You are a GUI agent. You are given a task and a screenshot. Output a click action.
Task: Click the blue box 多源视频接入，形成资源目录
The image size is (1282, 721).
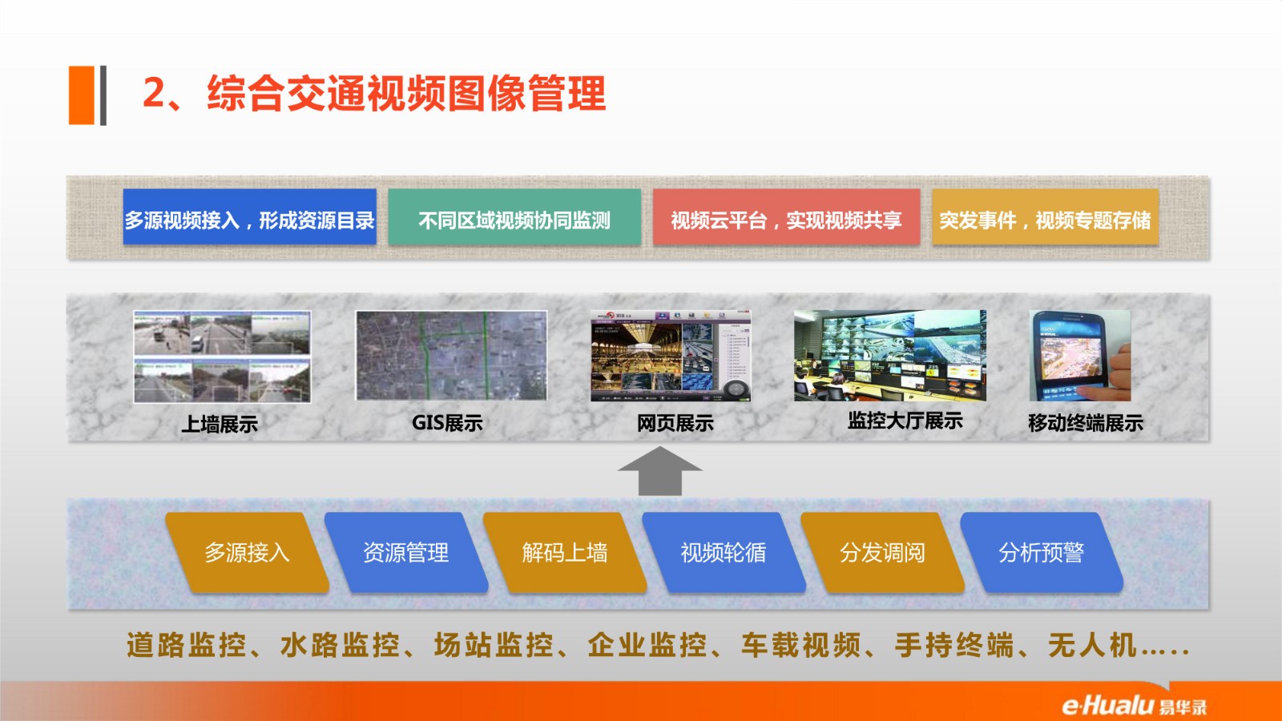click(x=249, y=217)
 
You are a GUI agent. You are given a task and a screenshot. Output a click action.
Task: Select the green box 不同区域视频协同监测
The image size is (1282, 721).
click(x=514, y=217)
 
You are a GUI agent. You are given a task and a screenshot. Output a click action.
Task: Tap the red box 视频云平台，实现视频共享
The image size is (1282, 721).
click(x=786, y=217)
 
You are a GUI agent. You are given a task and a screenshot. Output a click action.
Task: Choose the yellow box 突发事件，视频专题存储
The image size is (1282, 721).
click(x=1045, y=217)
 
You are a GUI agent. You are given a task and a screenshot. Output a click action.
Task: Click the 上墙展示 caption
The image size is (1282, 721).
click(x=220, y=424)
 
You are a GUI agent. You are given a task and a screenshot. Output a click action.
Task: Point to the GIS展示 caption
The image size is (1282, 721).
click(x=447, y=423)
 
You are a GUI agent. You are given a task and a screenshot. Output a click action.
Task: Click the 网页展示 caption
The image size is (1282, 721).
click(x=675, y=424)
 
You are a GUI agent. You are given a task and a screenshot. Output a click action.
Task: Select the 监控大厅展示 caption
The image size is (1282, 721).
click(x=905, y=421)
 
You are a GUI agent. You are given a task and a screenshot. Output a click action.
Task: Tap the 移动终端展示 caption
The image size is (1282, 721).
click(x=1085, y=423)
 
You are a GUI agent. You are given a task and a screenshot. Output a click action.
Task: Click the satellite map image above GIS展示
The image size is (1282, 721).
click(x=452, y=356)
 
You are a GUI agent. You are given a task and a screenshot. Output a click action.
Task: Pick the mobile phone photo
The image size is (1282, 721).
click(x=1080, y=356)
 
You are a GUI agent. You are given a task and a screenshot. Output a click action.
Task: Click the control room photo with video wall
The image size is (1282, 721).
click(x=890, y=356)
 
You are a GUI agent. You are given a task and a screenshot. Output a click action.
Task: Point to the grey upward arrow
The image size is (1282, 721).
click(x=660, y=471)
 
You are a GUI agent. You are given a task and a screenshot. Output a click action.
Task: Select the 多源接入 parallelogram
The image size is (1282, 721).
click(x=248, y=552)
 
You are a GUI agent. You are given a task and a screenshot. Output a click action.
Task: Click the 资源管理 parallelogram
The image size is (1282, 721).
click(x=406, y=552)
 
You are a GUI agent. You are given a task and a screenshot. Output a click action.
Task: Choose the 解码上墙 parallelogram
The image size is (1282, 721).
click(x=565, y=552)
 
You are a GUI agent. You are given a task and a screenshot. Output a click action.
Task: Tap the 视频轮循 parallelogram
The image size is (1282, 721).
click(x=724, y=552)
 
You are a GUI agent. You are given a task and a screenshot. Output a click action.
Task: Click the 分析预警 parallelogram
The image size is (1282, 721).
click(x=1042, y=552)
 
